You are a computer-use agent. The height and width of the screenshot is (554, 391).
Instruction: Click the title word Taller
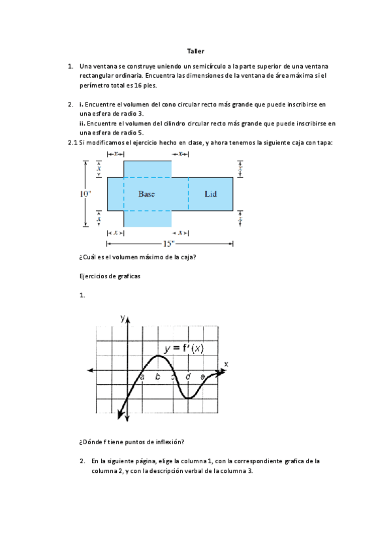(x=195, y=50)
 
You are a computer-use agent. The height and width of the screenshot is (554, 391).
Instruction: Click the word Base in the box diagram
(x=147, y=194)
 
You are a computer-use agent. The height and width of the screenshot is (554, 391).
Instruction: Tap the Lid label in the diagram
(x=210, y=194)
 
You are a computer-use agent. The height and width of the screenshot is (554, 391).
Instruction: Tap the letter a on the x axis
(x=142, y=377)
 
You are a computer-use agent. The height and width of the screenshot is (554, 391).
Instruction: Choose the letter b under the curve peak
(x=157, y=377)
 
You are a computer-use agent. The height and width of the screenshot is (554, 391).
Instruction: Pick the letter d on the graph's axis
(x=188, y=377)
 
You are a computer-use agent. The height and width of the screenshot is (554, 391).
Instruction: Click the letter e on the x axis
(x=202, y=377)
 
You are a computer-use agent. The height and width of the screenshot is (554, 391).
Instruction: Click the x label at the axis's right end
(x=226, y=363)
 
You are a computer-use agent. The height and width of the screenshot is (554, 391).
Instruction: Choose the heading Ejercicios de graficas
(x=109, y=276)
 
